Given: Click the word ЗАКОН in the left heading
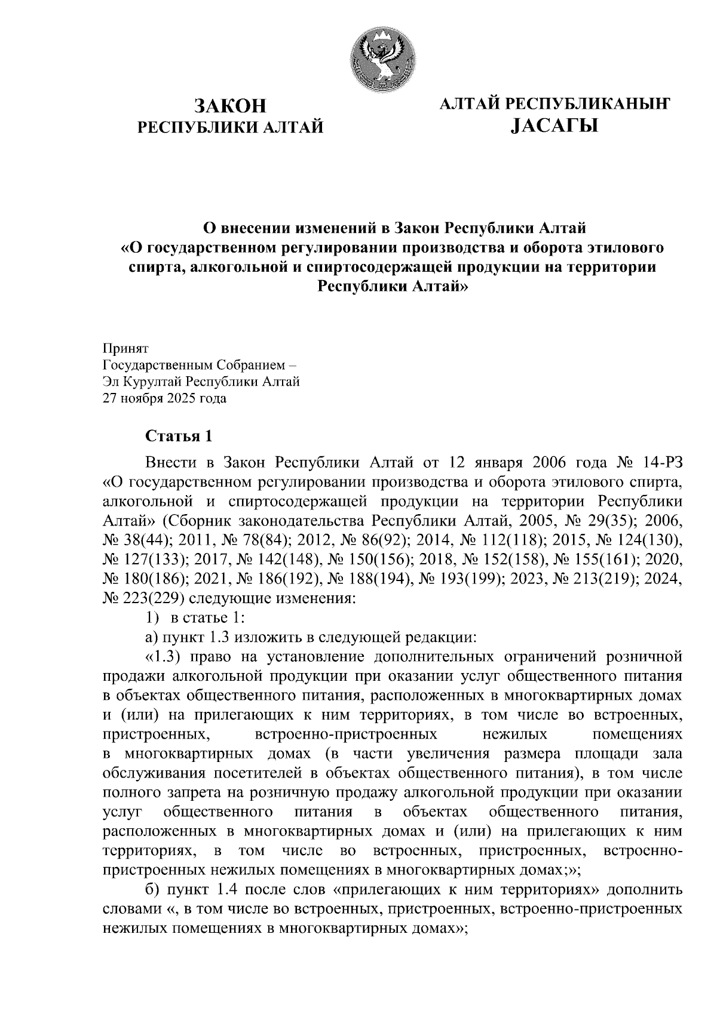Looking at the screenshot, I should (230, 106).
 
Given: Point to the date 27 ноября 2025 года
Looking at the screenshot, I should (165, 398).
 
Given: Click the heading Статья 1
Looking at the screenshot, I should (179, 436).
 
